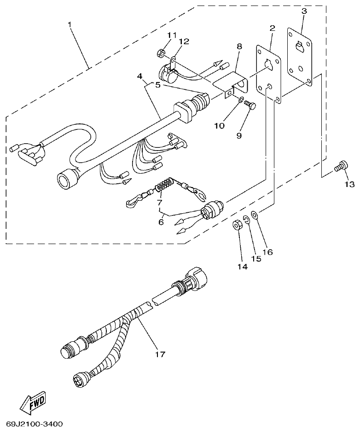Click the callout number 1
[x=70, y=24]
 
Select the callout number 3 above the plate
[x=304, y=11]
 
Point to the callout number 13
[x=349, y=184]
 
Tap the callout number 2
[x=272, y=28]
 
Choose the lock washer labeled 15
[x=247, y=220]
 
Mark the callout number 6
[x=161, y=222]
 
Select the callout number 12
[x=184, y=41]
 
